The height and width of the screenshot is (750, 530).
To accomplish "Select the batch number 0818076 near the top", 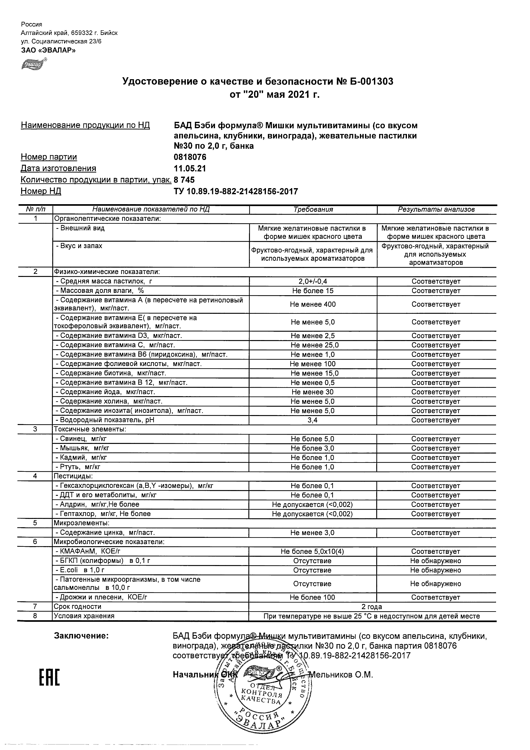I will click(x=190, y=157).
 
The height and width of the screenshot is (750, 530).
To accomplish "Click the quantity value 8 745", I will click(x=184, y=180).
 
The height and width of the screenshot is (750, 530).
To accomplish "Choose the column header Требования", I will click(x=313, y=210).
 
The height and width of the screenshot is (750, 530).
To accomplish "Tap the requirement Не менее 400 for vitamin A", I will click(x=312, y=304).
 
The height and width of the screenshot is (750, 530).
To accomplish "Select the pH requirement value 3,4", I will click(x=312, y=420).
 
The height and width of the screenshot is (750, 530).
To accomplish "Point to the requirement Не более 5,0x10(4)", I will click(x=312, y=552).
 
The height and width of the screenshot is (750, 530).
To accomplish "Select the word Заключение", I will click(x=81, y=636).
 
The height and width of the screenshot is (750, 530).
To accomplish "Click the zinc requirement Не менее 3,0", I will click(x=312, y=533).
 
